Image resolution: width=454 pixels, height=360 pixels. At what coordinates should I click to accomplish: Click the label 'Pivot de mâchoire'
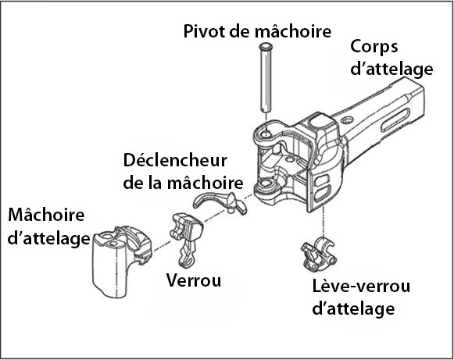point(257,31)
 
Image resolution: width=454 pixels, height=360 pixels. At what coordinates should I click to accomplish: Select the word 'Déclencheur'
point(175,160)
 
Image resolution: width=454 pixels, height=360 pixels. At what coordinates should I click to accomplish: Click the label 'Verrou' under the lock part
point(194,280)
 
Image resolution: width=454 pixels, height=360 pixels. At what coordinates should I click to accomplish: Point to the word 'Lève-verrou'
point(361,286)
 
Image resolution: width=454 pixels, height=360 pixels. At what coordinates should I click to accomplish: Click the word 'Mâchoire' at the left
point(46,215)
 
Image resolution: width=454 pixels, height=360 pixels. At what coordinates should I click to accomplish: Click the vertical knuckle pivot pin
point(266,78)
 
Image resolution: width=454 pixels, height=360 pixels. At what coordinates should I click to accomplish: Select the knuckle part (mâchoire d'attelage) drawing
point(122,262)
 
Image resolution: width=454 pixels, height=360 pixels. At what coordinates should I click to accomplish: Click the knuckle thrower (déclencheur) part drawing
point(220,201)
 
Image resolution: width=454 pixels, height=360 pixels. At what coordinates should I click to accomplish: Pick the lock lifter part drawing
point(319,255)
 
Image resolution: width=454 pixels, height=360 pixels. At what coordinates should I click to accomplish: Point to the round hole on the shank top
point(347,119)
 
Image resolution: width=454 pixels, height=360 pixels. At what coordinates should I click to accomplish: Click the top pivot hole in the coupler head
point(266,134)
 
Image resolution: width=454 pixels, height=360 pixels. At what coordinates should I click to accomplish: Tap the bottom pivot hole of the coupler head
point(266,184)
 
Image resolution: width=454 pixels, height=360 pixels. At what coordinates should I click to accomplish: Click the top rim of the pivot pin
point(266,46)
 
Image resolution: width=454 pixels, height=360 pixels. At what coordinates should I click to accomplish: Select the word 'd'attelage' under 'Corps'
point(391,70)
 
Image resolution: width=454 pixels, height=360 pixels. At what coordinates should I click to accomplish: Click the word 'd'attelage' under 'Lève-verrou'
point(353,308)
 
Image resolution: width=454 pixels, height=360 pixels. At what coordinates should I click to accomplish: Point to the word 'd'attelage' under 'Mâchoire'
point(48,239)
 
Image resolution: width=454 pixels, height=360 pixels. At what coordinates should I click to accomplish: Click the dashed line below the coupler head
point(324,223)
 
